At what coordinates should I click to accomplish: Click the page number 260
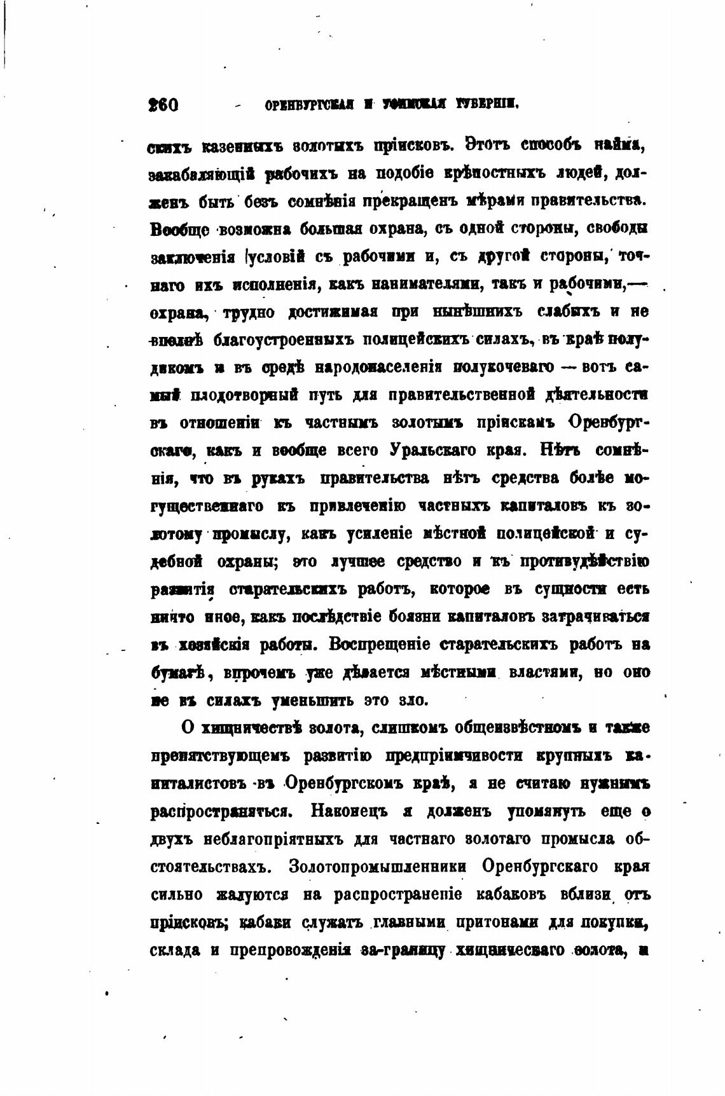[163, 104]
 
